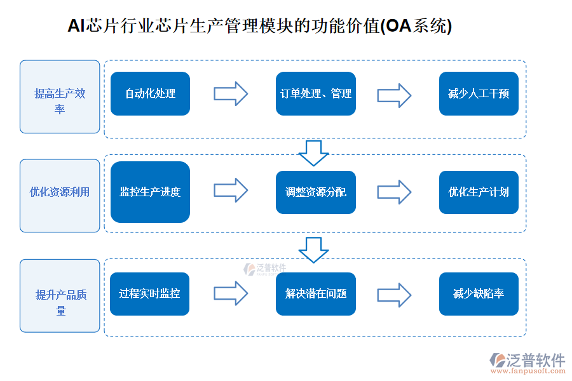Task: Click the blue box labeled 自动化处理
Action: pos(150,94)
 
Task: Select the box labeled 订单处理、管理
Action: pos(315,94)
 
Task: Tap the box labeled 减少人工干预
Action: pos(479,94)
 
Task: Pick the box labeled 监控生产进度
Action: pos(150,192)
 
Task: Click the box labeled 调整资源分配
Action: pos(315,192)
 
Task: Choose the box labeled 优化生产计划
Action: pos(479,192)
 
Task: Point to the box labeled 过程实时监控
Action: pos(149,294)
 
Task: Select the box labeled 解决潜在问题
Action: pos(315,294)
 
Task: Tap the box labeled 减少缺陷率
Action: pos(479,294)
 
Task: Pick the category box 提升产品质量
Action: pos(60,296)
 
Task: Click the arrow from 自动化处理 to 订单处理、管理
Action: pos(230,94)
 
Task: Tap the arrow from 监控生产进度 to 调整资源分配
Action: pos(230,190)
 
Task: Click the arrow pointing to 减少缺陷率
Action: pos(394,294)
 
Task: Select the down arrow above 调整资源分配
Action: pos(313,152)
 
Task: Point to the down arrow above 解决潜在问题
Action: pos(313,250)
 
